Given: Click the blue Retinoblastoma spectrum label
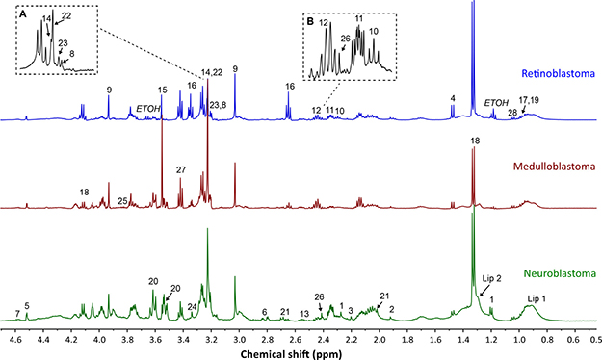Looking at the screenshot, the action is (559, 73).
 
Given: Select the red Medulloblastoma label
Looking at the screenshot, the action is (555, 167).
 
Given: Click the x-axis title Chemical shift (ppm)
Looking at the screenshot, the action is (291, 354).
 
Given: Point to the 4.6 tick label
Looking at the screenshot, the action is (15, 340).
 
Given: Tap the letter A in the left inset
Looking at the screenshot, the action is (23, 14).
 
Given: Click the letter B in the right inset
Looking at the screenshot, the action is (310, 22).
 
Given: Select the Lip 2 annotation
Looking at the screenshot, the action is (492, 278).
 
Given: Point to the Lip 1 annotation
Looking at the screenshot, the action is (537, 299).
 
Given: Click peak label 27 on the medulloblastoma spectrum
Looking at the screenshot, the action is (181, 170).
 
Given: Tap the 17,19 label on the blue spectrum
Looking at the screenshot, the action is (529, 100).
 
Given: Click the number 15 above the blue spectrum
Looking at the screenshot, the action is (163, 90).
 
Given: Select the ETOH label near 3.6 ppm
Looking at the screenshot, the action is (148, 109).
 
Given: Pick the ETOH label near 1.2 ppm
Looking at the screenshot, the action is (496, 102).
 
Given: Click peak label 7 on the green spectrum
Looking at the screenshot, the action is (17, 314).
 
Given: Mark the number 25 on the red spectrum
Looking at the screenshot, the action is (122, 201).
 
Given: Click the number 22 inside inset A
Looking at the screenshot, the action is (66, 15).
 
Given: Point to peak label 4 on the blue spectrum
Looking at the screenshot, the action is (453, 98).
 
